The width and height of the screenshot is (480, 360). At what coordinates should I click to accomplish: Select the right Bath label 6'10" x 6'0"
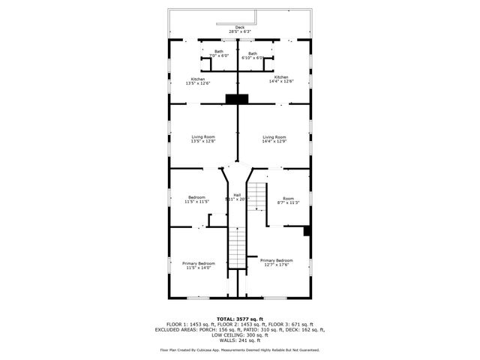click(x=253, y=55)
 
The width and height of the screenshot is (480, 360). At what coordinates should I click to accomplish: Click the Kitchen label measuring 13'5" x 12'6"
click(x=198, y=80)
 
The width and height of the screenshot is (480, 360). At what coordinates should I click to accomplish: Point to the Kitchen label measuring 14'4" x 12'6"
click(x=281, y=80)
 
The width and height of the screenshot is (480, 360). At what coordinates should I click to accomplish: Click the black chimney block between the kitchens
click(x=238, y=98)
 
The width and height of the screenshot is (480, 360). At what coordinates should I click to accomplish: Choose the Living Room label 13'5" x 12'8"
click(x=202, y=139)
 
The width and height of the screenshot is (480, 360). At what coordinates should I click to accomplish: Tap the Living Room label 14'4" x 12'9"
click(x=274, y=139)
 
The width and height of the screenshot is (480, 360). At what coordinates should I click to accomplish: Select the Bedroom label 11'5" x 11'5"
click(x=196, y=199)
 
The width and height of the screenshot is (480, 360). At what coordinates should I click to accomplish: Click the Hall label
click(x=237, y=197)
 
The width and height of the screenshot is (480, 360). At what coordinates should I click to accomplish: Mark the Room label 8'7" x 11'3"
click(x=289, y=200)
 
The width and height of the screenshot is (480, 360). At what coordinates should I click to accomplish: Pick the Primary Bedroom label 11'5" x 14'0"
click(x=199, y=265)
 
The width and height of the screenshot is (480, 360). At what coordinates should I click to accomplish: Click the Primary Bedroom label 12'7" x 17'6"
click(x=277, y=262)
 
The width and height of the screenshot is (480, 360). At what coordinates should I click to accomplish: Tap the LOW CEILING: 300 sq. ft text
click(x=239, y=334)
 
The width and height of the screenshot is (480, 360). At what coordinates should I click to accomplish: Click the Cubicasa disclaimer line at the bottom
click(x=239, y=349)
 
